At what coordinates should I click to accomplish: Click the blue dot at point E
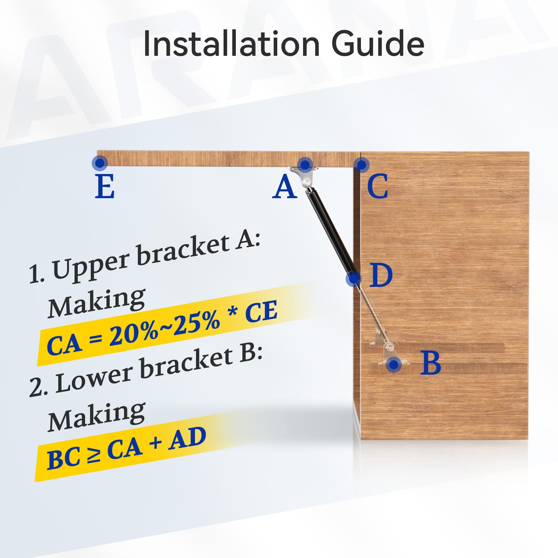point(100,163)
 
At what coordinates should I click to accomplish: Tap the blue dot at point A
point(306,164)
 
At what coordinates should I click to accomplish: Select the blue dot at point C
point(362,165)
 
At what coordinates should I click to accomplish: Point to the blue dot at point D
point(354,279)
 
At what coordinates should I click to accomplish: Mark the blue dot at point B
point(394,364)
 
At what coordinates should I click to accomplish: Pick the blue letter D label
point(381,276)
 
